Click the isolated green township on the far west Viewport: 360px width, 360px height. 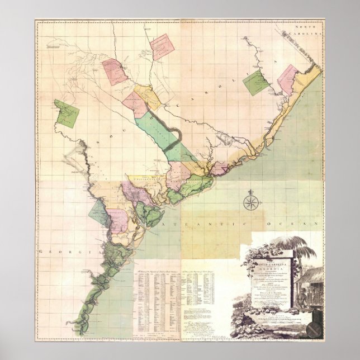[x=67, y=114]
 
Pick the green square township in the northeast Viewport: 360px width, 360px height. [x=255, y=83]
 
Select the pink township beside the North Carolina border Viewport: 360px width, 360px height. [x=290, y=80]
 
